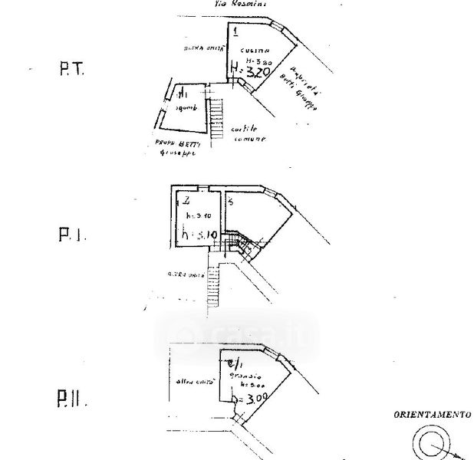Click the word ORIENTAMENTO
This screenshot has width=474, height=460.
coord(433,414)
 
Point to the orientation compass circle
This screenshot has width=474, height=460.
coord(430,442)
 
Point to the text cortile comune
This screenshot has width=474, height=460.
coord(249,135)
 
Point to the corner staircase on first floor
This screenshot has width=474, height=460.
coord(244,244)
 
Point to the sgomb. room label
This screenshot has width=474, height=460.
coord(186,108)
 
